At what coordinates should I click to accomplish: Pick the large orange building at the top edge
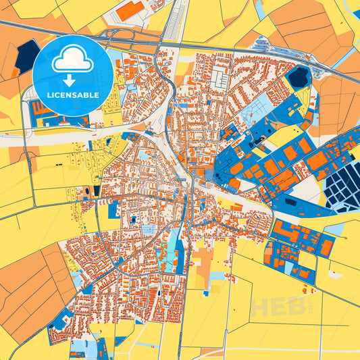click(130, 10)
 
